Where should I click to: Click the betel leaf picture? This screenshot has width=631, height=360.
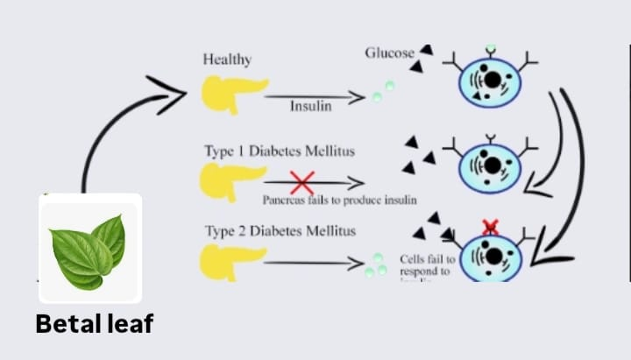coord(89,247)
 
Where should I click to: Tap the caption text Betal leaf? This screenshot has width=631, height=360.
coord(95,324)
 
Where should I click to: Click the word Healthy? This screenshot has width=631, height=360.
coord(227,60)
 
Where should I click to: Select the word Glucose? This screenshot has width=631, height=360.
coord(389,53)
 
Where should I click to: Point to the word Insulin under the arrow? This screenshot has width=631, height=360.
coord(311,107)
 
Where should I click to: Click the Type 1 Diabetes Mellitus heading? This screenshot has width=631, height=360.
coord(280,151)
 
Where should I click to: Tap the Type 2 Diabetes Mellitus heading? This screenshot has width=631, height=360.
coord(280,231)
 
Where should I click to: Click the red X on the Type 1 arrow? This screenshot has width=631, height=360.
coord(301,183)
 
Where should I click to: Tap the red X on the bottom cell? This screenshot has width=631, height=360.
coord(491,227)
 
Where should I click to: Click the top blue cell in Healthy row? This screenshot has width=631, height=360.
coord(491,81)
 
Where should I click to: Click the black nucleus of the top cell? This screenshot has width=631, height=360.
coord(493,80)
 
